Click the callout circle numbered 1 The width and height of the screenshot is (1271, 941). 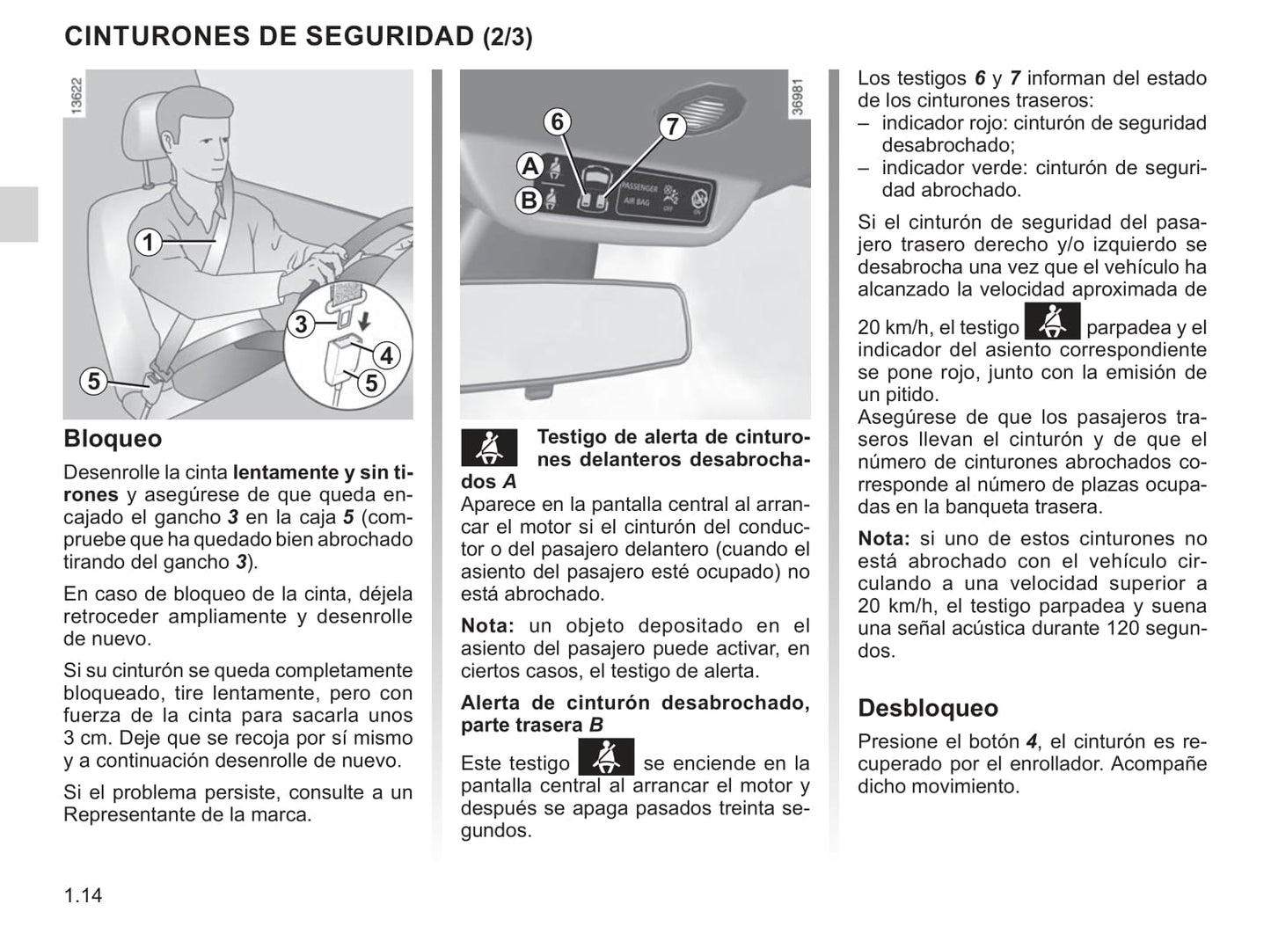(x=149, y=241)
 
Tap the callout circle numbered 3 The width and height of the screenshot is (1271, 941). (x=301, y=325)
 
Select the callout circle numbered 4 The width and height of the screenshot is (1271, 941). (x=385, y=355)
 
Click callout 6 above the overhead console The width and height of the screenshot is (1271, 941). (x=557, y=121)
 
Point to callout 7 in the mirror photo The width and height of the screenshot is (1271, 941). (x=672, y=127)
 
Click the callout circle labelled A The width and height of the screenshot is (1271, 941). (x=530, y=166)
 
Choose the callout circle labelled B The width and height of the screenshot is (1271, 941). (x=529, y=201)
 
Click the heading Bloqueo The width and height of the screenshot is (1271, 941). (x=113, y=439)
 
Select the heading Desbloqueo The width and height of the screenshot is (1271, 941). (x=927, y=708)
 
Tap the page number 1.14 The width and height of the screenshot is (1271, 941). (x=83, y=895)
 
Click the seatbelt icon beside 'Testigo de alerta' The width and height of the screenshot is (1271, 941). (x=489, y=448)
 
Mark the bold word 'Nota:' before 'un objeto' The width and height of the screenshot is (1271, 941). (x=486, y=626)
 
